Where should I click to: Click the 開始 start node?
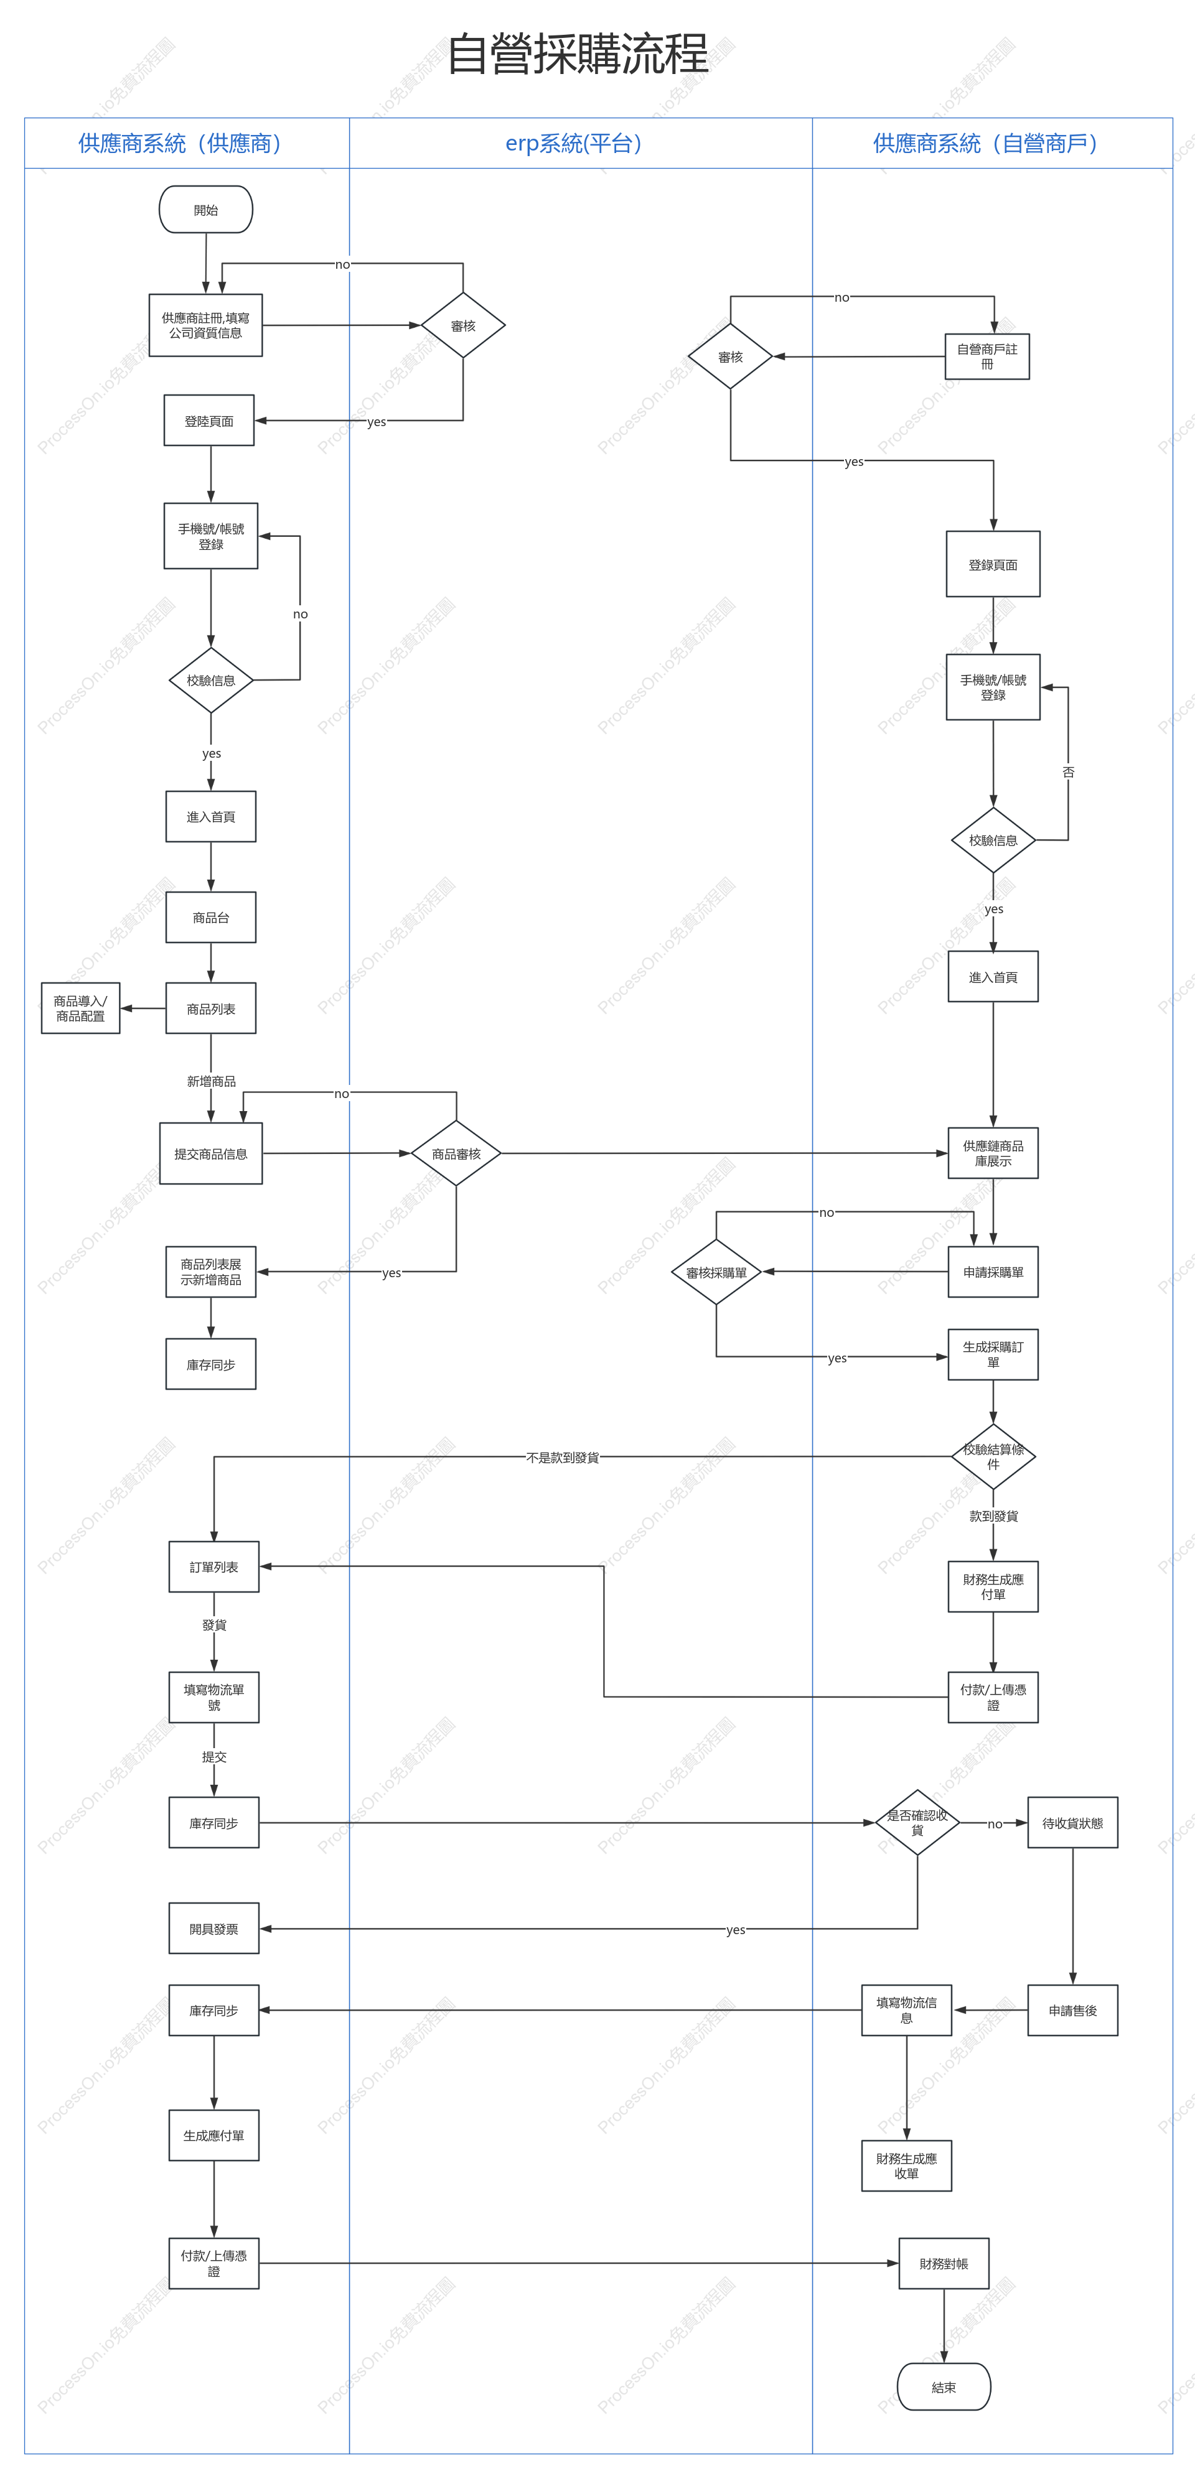[x=206, y=210]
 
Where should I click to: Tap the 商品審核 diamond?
[x=456, y=1153]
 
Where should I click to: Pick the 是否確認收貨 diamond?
[x=917, y=1822]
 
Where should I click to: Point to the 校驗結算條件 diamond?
[x=993, y=1456]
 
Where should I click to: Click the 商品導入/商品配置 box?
[x=81, y=1008]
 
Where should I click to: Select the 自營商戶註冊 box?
[x=987, y=356]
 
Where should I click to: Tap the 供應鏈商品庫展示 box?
[x=993, y=1153]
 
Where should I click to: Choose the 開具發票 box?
[x=213, y=1928]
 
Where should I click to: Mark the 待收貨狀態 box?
[x=1073, y=1822]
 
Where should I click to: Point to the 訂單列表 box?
[x=213, y=1566]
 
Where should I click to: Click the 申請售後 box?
[x=1073, y=2010]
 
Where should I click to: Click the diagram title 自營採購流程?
[x=578, y=54]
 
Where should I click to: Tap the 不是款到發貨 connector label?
[x=563, y=1457]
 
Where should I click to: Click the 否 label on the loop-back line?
[x=1068, y=772]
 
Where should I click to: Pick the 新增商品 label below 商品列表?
[x=212, y=1081]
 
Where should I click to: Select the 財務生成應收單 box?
[x=907, y=2166]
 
